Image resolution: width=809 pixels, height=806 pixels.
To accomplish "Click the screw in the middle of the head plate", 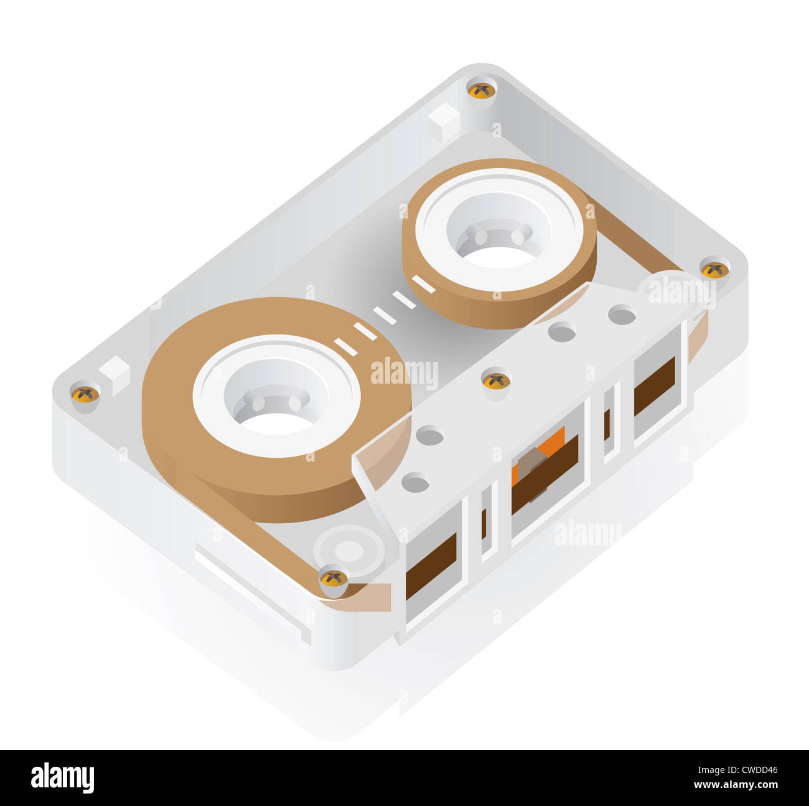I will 496,381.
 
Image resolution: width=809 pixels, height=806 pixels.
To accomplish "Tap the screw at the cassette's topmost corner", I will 481,90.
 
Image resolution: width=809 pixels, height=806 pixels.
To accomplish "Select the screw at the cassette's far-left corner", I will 85,394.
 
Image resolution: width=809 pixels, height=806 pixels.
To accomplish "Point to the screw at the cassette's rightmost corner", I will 714,269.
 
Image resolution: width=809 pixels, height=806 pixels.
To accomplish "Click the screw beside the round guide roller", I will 334,578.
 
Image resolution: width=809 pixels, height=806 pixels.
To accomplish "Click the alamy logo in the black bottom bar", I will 62,778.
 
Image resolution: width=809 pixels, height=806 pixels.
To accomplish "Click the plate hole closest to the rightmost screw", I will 621,315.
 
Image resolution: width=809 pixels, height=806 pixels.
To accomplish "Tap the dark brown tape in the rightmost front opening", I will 654,386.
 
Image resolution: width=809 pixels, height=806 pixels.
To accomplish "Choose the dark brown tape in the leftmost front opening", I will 431,566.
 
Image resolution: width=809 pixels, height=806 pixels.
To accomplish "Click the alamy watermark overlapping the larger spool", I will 404,373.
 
